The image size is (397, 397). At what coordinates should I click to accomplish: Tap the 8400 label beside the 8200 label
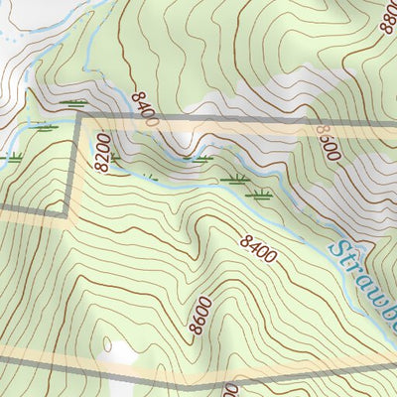[x=144, y=108]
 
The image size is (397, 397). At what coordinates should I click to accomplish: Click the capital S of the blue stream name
[x=340, y=249]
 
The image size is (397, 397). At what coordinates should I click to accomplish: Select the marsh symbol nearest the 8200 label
[x=117, y=157]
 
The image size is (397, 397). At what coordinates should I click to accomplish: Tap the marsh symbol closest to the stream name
[x=261, y=195]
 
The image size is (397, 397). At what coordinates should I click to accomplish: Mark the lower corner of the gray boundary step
[x=68, y=212]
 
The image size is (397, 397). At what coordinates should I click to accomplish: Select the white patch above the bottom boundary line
[x=122, y=352]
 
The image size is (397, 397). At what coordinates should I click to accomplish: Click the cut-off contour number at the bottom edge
[x=229, y=389]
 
